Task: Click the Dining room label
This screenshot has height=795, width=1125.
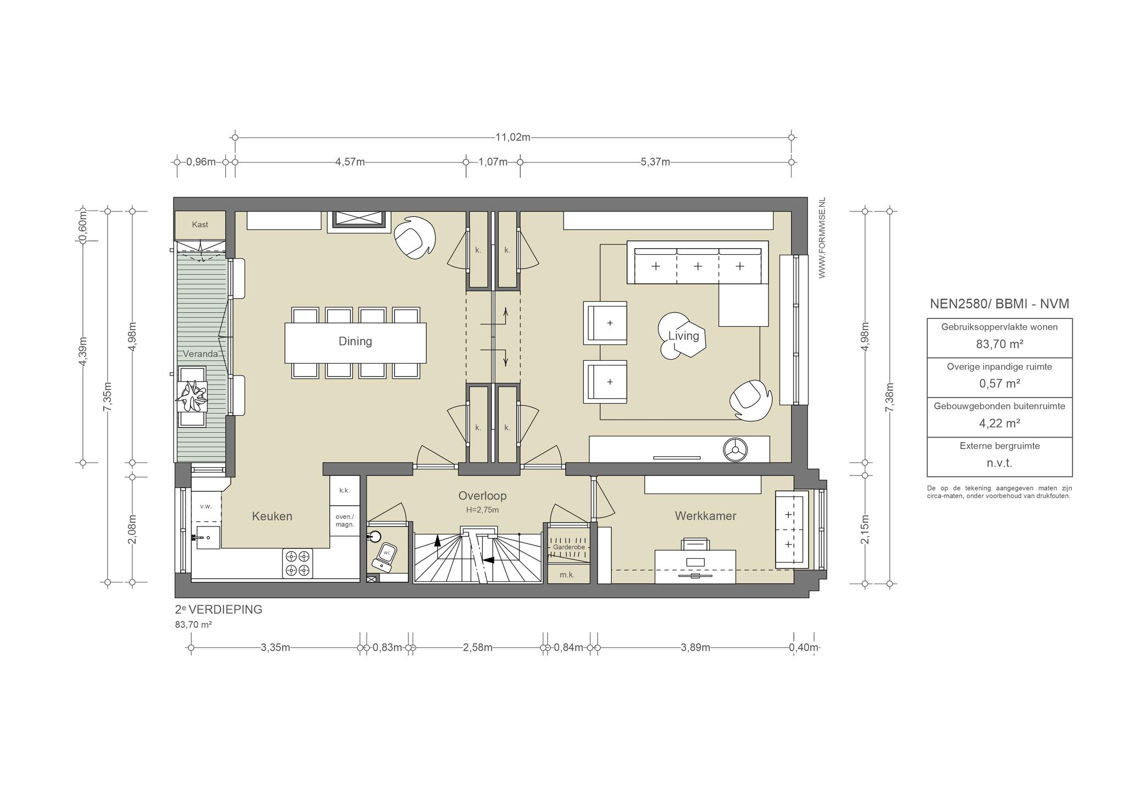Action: [x=355, y=341]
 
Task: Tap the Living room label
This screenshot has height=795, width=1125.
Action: [x=683, y=335]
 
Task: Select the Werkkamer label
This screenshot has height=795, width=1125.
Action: [x=705, y=516]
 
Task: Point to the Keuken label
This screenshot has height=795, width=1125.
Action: [x=272, y=516]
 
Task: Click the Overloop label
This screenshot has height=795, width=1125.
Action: [x=482, y=496]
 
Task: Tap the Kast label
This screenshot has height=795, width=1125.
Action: [x=200, y=225]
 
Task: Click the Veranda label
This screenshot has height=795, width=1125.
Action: [x=200, y=354]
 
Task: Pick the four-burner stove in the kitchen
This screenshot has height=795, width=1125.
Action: [x=297, y=563]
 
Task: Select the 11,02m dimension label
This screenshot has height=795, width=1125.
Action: [x=513, y=137]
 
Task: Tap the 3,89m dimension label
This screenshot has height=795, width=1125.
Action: [x=695, y=648]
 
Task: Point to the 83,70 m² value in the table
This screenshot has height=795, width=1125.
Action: [x=999, y=344]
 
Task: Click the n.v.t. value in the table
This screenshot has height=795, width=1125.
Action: [x=999, y=463]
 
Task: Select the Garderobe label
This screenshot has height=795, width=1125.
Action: [x=569, y=547]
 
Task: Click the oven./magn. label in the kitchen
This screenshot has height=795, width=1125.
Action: [x=344, y=520]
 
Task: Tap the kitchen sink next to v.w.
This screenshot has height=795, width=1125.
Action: [x=207, y=538]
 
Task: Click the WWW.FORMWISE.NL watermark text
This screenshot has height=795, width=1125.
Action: [x=822, y=238]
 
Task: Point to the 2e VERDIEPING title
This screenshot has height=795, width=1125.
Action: [x=219, y=609]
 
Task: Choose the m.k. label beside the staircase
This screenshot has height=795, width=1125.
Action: [x=567, y=575]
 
